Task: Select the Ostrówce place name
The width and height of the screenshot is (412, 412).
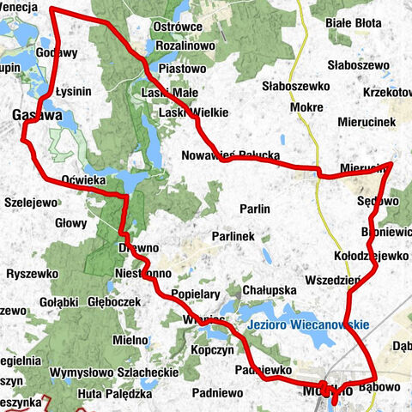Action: pos(176,27)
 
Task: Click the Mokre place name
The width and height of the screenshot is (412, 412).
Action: pos(306,108)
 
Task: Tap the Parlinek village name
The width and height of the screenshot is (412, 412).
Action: pos(234,236)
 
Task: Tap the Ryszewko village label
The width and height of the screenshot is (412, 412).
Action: pos(31,273)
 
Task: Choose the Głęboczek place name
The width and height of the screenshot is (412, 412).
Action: pos(113,302)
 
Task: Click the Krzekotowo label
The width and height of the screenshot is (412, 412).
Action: pos(389,92)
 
